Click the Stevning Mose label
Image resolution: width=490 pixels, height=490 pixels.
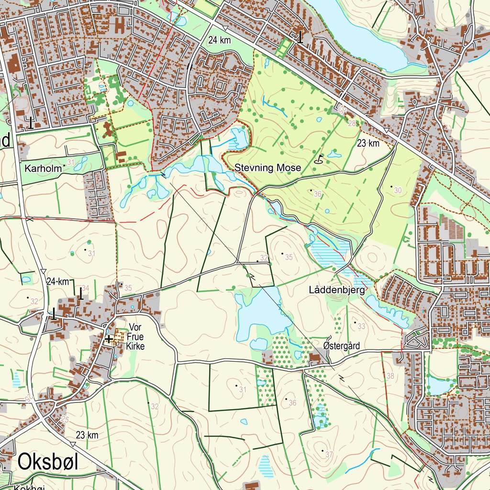(267, 168)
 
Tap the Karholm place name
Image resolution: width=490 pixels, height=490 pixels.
(43, 168)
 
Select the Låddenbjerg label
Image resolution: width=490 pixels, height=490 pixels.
(337, 290)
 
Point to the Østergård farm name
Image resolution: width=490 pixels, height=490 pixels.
(341, 345)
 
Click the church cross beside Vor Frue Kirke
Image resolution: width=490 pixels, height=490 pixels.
(109, 339)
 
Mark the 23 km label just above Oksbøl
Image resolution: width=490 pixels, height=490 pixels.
(87, 435)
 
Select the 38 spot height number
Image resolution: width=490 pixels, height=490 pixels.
(390, 376)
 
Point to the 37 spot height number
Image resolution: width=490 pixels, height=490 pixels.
(329, 453)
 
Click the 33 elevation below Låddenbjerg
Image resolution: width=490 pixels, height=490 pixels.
(361, 326)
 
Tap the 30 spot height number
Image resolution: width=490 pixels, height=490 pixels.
(398, 190)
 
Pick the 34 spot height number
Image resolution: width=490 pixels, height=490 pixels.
(85, 288)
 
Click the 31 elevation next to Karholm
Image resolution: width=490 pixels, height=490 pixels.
(71, 163)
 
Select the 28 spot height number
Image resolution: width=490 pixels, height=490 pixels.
(353, 124)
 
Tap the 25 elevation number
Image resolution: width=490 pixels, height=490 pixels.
(65, 419)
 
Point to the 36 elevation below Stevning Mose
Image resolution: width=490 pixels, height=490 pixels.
(317, 194)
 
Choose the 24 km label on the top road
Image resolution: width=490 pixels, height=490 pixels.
(220, 41)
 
